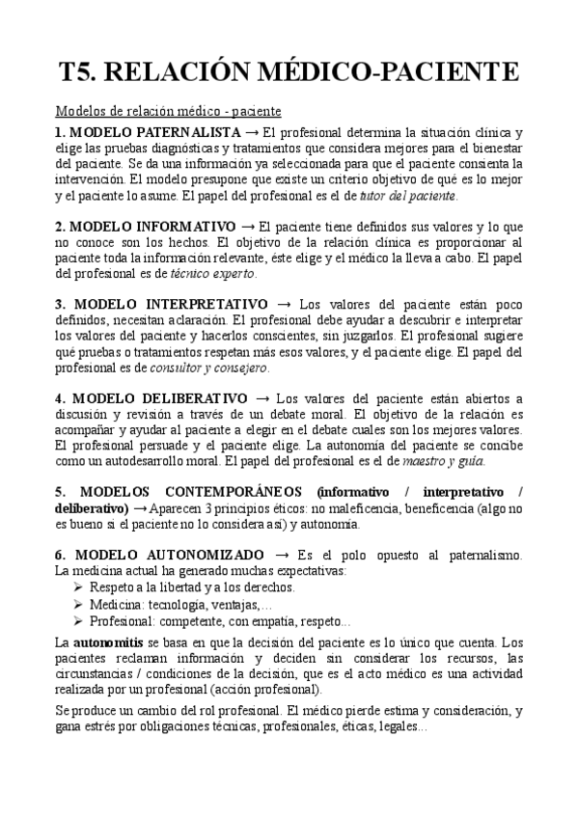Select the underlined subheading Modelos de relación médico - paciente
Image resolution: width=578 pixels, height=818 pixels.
[x=169, y=111]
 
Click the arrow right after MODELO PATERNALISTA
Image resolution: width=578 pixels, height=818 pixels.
[x=251, y=131]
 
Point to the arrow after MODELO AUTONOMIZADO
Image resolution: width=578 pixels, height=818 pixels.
[x=281, y=555]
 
